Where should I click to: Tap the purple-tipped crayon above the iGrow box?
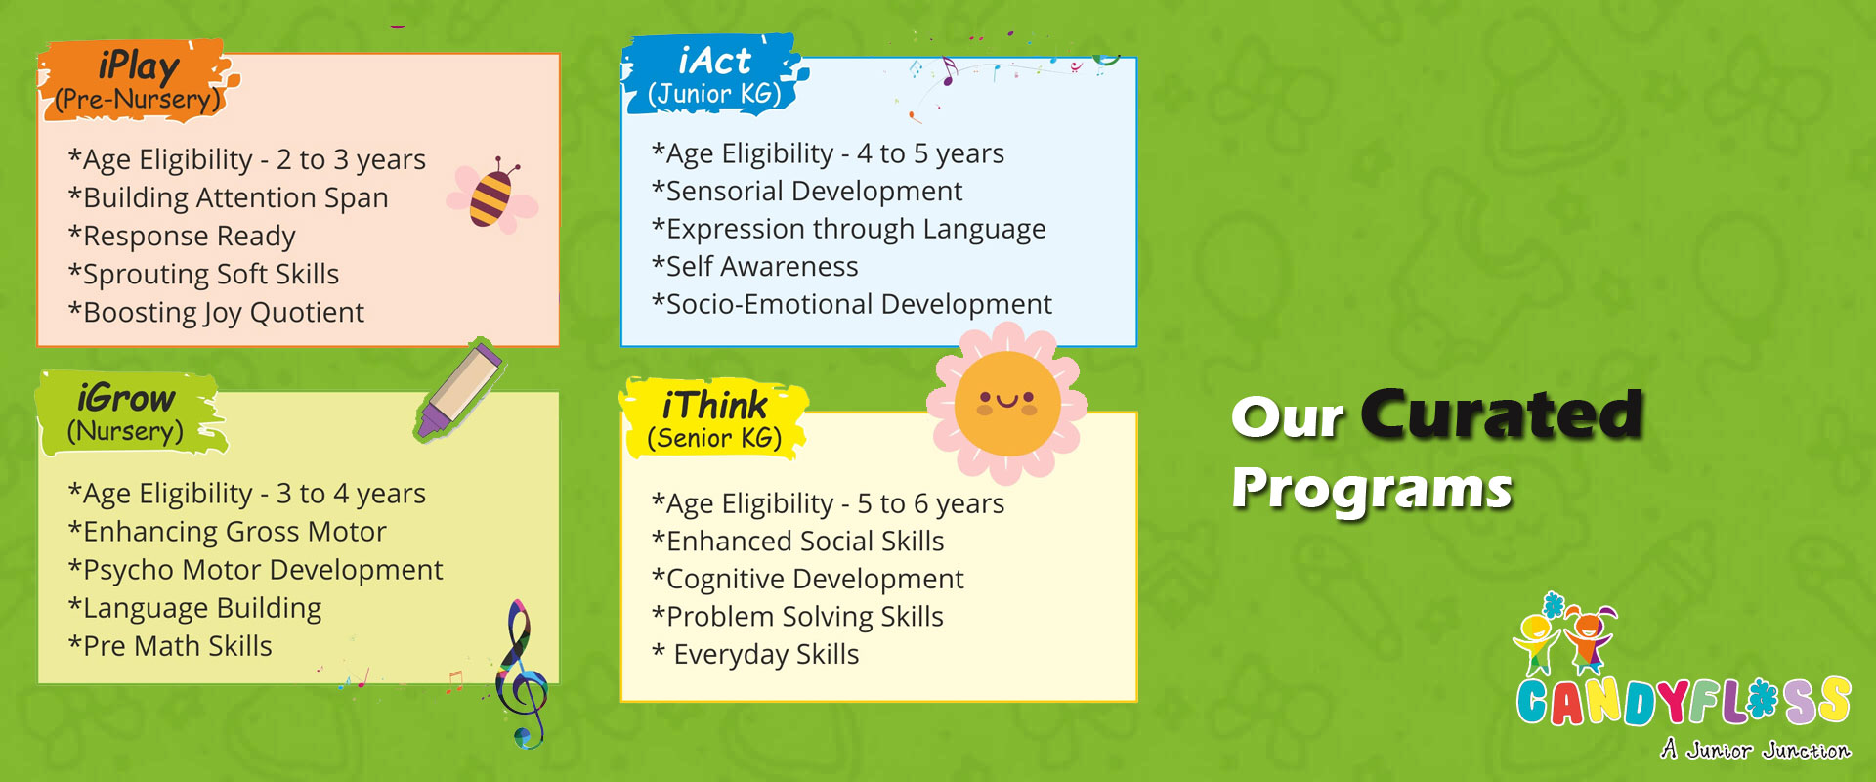tap(459, 389)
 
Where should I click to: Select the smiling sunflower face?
tap(1006, 404)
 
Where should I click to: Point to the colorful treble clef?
tap(521, 674)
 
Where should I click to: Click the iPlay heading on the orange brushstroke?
tap(139, 65)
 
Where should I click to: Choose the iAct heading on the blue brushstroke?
tap(715, 61)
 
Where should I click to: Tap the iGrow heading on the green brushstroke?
tap(126, 398)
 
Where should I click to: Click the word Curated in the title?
tap(1502, 414)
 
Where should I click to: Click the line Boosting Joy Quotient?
tap(216, 313)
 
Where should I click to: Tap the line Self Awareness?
tap(755, 266)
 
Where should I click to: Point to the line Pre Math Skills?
tap(170, 646)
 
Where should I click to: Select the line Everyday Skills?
tap(756, 655)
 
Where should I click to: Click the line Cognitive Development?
tap(808, 579)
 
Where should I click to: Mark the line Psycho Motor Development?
tap(255, 570)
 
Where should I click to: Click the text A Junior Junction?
tap(1756, 750)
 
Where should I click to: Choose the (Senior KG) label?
tap(715, 439)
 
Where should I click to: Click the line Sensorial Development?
tap(807, 191)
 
